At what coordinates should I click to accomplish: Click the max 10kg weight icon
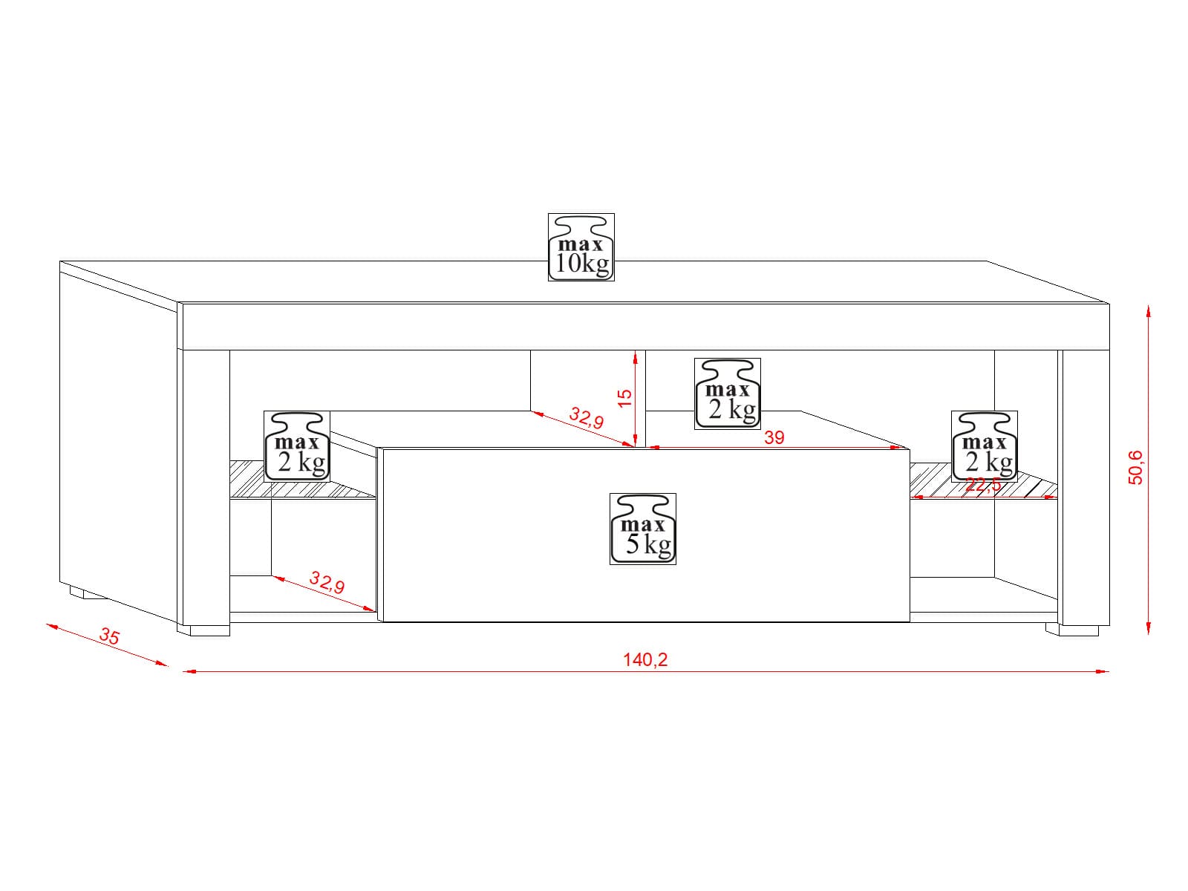(581, 247)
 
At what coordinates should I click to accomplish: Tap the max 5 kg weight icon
(643, 529)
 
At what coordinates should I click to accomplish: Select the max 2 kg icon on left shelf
(297, 446)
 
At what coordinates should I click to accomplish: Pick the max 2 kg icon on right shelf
(985, 446)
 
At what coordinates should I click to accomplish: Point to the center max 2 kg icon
(728, 394)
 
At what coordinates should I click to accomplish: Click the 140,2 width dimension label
(645, 659)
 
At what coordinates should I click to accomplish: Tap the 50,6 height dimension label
(1136, 467)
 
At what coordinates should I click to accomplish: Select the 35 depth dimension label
(110, 637)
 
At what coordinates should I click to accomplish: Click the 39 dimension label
(774, 437)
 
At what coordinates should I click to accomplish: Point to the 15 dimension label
(625, 397)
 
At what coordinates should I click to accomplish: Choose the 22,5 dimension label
(983, 486)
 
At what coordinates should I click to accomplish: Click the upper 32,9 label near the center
(587, 417)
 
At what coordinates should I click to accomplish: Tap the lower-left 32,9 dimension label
(327, 582)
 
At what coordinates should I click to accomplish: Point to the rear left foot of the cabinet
(87, 593)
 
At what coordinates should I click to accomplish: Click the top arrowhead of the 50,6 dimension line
(1149, 311)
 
